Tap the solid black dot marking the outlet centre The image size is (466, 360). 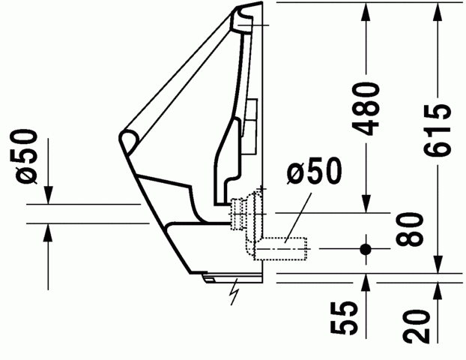tap(366, 248)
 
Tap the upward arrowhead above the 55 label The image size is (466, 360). tap(366, 283)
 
